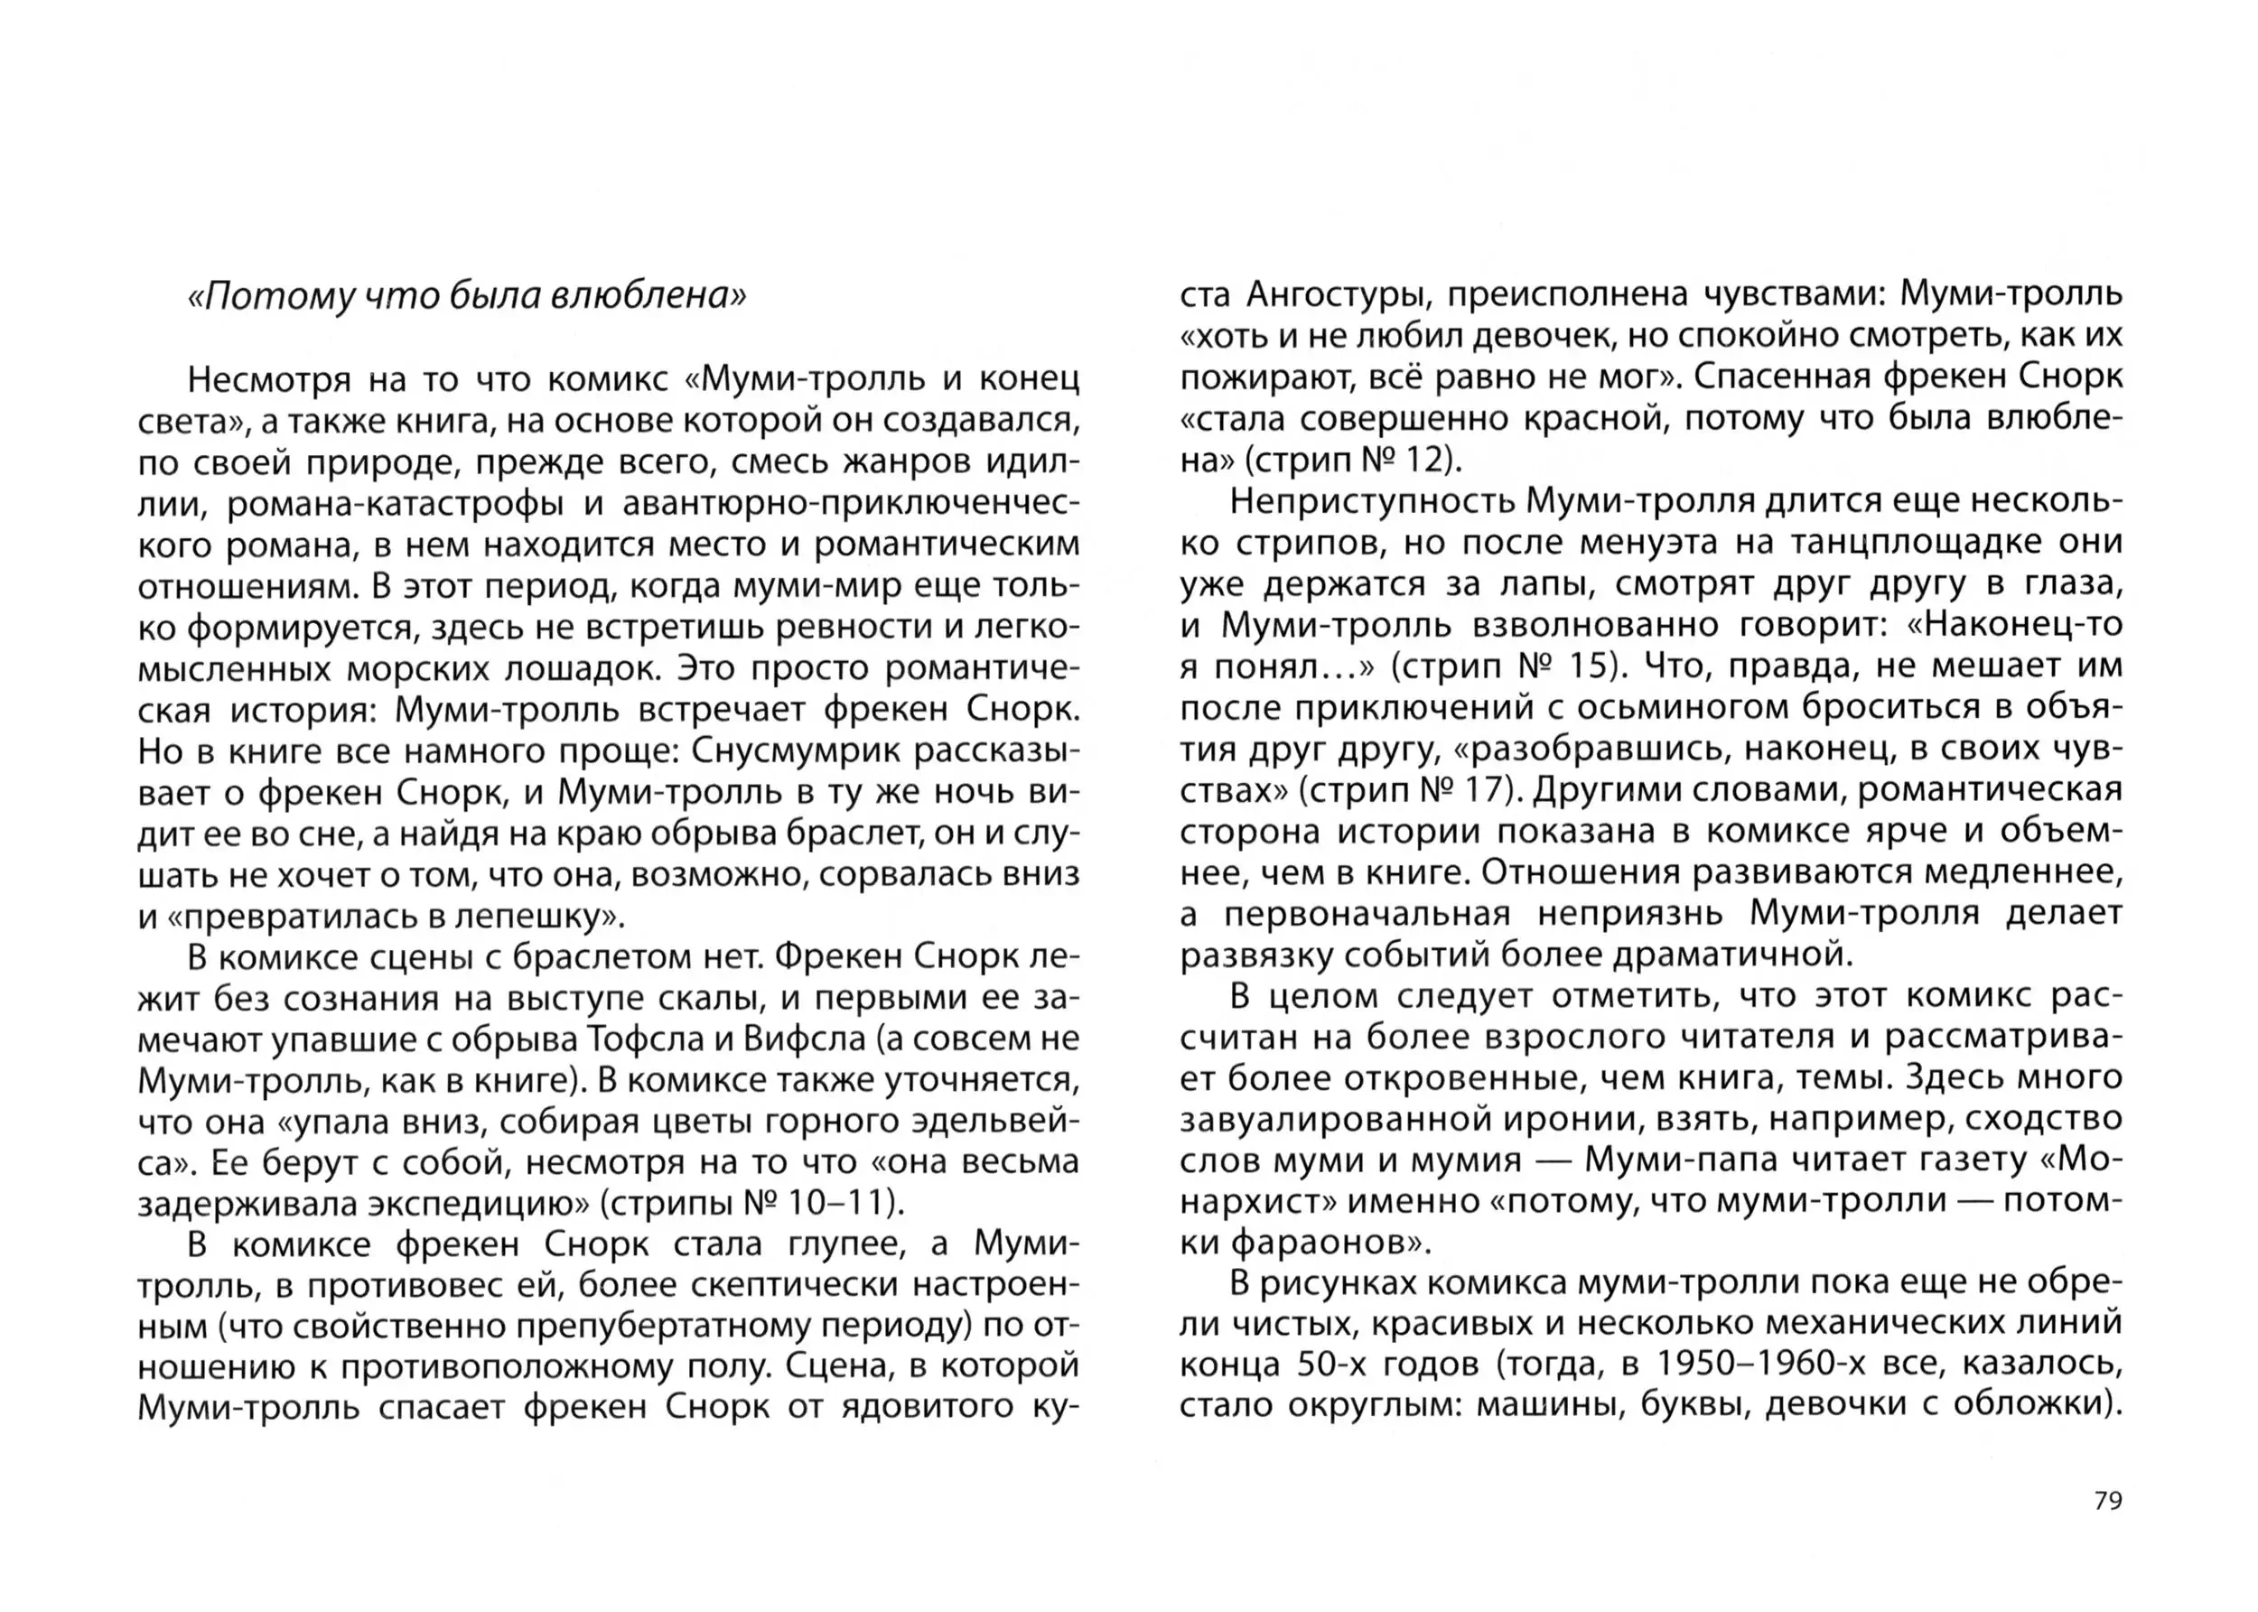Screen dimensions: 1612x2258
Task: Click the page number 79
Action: (x=2107, y=1500)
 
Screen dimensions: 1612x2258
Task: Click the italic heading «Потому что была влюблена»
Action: (x=466, y=296)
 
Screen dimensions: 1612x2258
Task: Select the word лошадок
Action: (x=581, y=669)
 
